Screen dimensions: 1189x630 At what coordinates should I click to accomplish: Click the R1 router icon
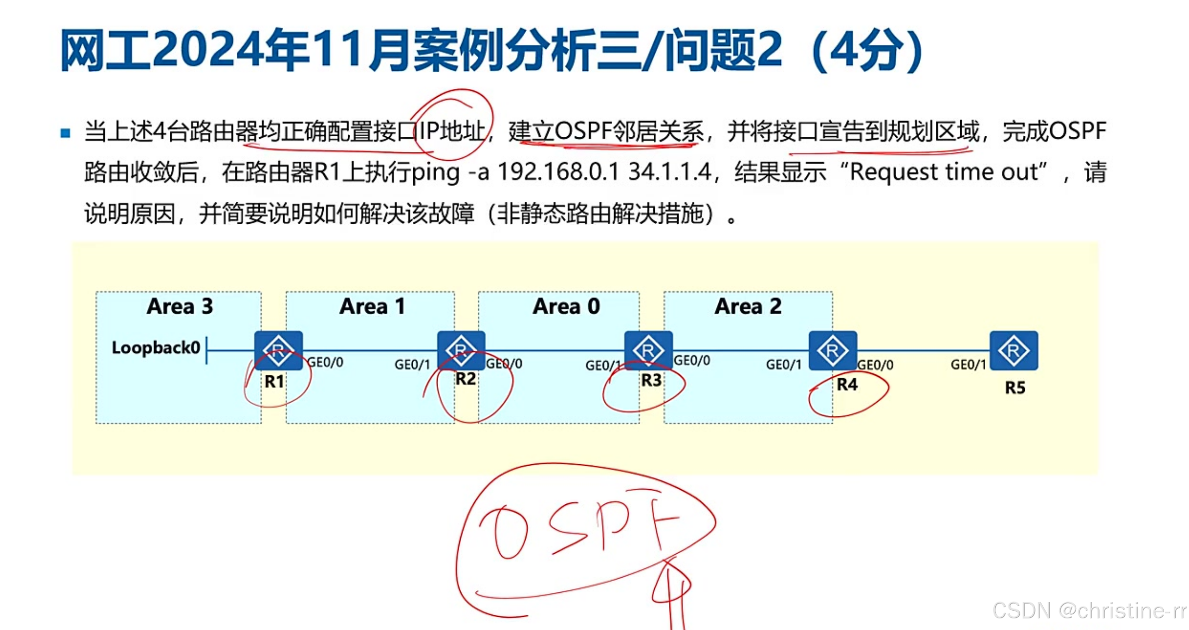[279, 350]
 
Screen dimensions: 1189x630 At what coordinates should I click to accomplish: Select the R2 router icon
[461, 350]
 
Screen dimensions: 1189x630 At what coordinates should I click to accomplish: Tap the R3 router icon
[648, 350]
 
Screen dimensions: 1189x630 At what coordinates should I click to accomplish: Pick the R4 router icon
[833, 350]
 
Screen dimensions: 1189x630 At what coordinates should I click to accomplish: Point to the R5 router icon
[1014, 350]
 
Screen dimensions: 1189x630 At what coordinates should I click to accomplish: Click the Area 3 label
[179, 307]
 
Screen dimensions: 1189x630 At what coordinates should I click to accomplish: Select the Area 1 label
[372, 307]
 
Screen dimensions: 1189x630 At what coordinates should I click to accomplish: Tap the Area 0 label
[566, 307]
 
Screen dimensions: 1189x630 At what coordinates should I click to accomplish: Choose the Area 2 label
[748, 307]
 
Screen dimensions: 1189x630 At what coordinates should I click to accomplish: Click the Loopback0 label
[156, 348]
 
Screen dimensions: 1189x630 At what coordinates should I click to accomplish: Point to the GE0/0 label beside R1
[325, 363]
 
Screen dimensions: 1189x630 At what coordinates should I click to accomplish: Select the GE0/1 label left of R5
[968, 365]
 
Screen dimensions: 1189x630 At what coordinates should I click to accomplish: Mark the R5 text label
[1015, 388]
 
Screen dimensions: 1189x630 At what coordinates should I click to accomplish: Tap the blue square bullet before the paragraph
[65, 133]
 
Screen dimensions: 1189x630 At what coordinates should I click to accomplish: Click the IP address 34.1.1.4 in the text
[669, 172]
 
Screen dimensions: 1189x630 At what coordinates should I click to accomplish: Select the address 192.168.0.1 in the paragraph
[558, 172]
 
